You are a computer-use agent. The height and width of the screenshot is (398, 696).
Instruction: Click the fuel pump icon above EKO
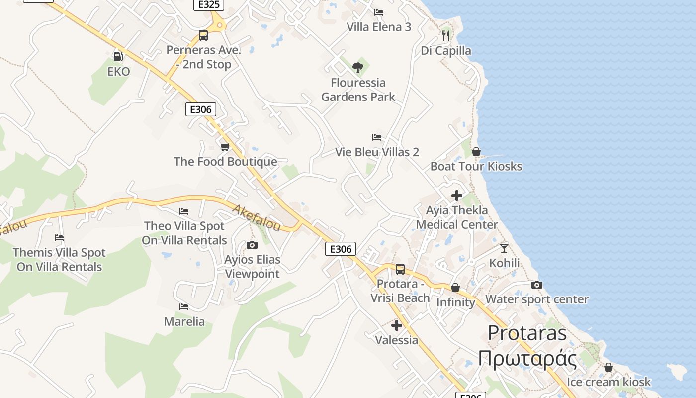(x=118, y=57)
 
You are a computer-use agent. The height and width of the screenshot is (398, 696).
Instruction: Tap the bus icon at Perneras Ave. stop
(x=203, y=35)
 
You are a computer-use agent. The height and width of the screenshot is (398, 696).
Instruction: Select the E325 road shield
(x=209, y=4)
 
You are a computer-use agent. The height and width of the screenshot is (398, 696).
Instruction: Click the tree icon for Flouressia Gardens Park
(x=357, y=68)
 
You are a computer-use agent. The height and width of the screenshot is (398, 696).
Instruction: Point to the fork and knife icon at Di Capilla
(x=446, y=35)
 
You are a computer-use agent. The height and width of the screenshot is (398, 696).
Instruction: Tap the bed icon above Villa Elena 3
(x=379, y=12)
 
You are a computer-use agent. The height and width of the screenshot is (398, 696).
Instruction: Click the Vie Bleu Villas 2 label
(x=377, y=152)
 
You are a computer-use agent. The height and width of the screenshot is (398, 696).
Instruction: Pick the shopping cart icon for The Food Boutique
(x=225, y=147)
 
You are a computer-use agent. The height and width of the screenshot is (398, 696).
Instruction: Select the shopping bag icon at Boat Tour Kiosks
(x=476, y=152)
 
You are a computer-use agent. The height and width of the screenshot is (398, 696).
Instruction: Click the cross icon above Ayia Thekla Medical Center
(x=456, y=196)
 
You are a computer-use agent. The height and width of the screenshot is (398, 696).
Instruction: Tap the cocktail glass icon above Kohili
(x=504, y=248)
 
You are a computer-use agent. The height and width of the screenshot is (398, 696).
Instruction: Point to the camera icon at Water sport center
(x=536, y=285)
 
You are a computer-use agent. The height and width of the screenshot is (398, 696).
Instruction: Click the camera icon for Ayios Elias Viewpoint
(x=252, y=245)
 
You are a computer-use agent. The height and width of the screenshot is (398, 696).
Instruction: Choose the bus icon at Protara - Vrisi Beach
(x=400, y=269)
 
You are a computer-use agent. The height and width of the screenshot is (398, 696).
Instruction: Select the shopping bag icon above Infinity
(x=455, y=288)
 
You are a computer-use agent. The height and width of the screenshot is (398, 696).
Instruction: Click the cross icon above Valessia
(x=396, y=325)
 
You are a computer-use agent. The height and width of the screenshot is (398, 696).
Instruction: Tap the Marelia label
(x=184, y=321)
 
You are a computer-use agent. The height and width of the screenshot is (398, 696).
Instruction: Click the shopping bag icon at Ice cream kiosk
(x=608, y=368)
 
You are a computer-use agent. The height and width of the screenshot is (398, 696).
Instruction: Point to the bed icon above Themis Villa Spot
(x=59, y=238)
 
